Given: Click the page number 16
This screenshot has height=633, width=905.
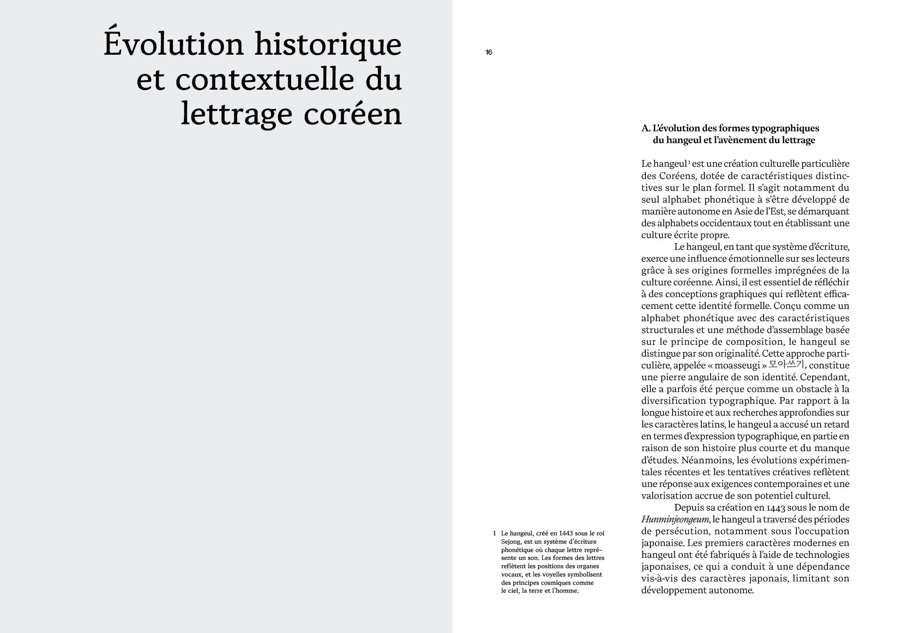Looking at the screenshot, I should [x=489, y=52].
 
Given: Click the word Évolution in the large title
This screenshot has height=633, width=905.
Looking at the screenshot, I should [x=173, y=44].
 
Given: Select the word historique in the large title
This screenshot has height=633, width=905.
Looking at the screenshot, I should [x=328, y=44].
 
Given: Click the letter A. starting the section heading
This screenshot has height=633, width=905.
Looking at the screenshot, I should [x=646, y=129].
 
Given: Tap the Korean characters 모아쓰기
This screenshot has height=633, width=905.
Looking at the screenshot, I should [x=786, y=364].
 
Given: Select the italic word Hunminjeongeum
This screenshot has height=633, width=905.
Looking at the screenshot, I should [x=675, y=520].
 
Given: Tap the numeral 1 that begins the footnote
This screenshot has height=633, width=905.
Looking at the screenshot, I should [x=494, y=533].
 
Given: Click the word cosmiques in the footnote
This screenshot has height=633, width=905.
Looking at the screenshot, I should [x=554, y=583].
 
